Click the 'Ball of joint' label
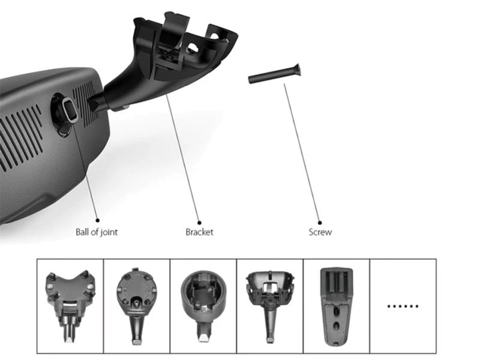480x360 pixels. tap(97, 232)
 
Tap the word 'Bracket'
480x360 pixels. tap(199, 232)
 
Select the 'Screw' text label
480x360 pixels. tap(320, 232)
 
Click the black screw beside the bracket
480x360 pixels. tap(274, 74)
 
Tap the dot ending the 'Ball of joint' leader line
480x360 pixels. tap(98, 220)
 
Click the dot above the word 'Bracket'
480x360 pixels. tap(199, 223)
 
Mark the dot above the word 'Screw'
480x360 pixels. tap(320, 223)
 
